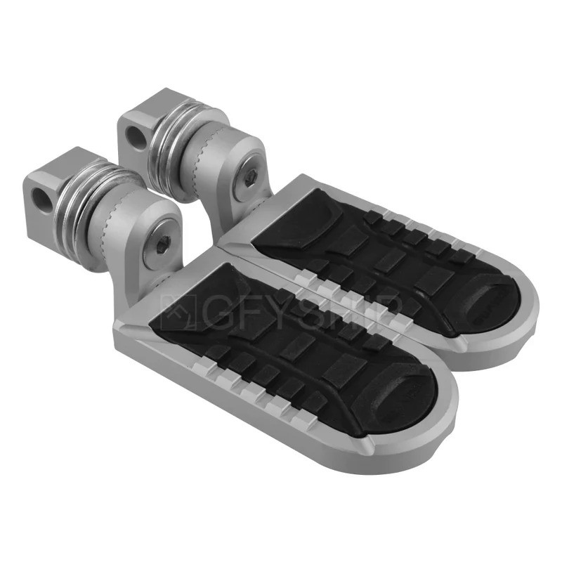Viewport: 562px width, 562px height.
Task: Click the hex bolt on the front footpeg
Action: pos(164,243)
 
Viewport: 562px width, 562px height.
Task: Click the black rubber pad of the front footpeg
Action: pos(281,344)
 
